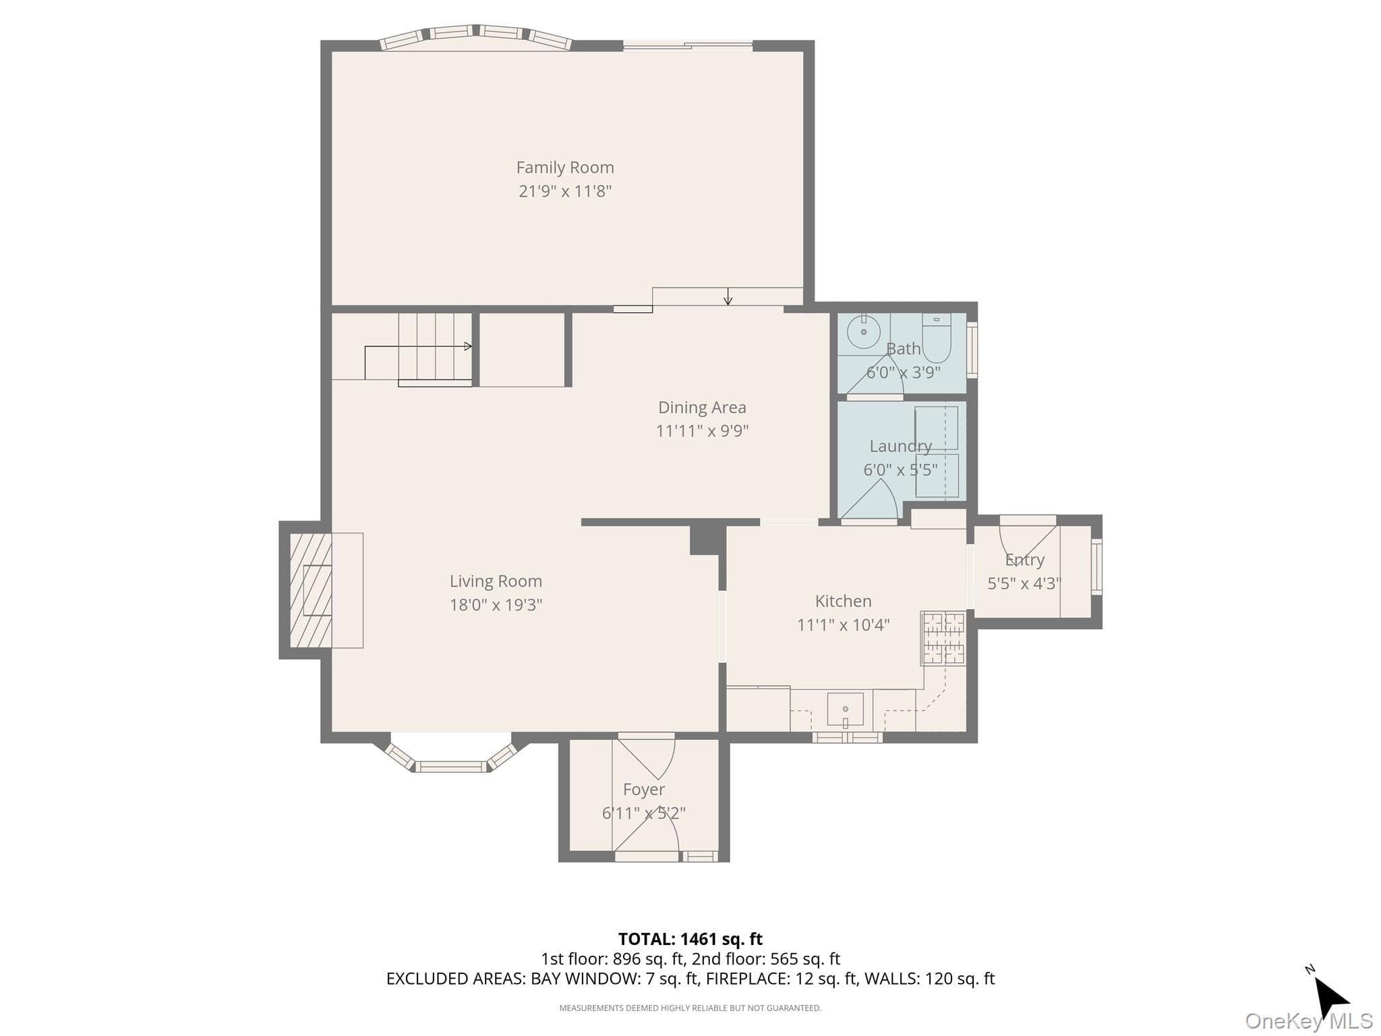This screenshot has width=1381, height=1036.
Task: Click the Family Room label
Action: pyautogui.click(x=565, y=167)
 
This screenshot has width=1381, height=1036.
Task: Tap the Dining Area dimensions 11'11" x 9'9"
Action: pyautogui.click(x=702, y=430)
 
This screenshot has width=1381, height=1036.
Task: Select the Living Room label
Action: pyautogui.click(x=496, y=581)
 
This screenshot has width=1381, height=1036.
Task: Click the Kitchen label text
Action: pyautogui.click(x=843, y=601)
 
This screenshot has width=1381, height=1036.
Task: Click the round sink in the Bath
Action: pyautogui.click(x=864, y=331)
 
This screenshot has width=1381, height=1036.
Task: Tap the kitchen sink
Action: pyautogui.click(x=845, y=710)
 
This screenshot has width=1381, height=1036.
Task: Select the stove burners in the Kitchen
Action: pyautogui.click(x=943, y=638)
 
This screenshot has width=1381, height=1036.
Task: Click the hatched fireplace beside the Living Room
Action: pyautogui.click(x=311, y=590)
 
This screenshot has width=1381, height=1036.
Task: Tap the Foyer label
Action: pyautogui.click(x=643, y=789)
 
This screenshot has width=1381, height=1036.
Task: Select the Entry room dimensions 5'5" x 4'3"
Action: pyautogui.click(x=1024, y=583)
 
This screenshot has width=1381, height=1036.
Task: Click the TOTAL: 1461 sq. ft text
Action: pyautogui.click(x=690, y=939)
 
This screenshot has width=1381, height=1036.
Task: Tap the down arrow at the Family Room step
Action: pyautogui.click(x=728, y=297)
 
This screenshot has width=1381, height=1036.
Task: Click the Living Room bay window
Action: pyautogui.click(x=450, y=754)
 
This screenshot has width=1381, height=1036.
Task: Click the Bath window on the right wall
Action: pyautogui.click(x=972, y=350)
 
